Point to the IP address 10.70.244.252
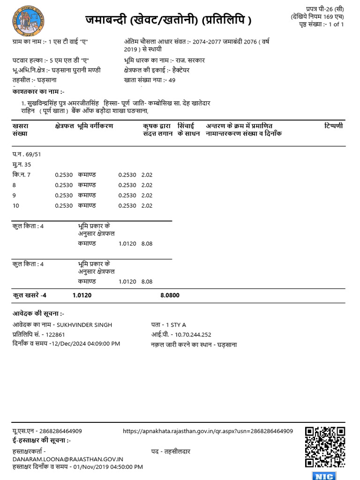point(193,335)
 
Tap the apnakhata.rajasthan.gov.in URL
point(208,431)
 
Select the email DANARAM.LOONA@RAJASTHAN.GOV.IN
point(68,459)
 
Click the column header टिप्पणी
point(333,126)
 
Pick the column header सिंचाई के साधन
point(189,130)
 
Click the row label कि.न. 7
point(22,175)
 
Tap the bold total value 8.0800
point(170,295)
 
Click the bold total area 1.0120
point(82,295)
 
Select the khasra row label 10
point(16,205)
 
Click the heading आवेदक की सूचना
point(38,313)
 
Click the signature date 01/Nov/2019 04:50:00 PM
point(106,467)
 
